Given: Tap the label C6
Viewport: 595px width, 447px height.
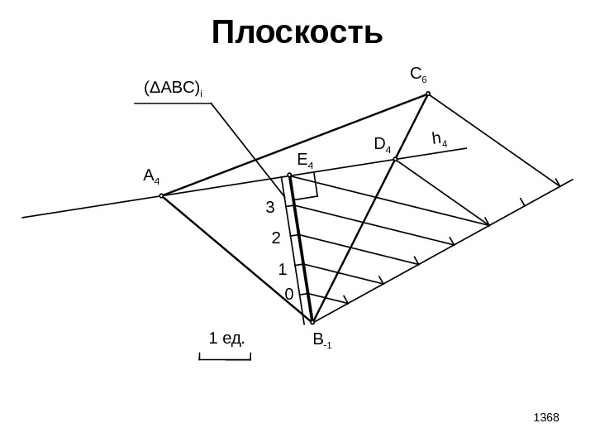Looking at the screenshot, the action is (x=419, y=76).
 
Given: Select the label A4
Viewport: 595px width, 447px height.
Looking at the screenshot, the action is (x=151, y=176).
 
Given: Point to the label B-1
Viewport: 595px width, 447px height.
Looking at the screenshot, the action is (x=322, y=339).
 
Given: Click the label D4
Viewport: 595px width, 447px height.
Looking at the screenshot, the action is (x=383, y=146).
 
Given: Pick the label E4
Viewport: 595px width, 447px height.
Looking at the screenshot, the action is (x=306, y=159).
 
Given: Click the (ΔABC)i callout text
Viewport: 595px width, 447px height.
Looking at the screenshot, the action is (x=174, y=89).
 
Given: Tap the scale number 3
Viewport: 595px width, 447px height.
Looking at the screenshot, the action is (x=269, y=208).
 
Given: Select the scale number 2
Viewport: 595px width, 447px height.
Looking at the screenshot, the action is (x=276, y=238).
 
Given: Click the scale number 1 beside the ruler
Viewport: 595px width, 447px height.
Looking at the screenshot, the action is (x=282, y=269).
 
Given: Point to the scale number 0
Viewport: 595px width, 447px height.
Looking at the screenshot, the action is (x=288, y=295).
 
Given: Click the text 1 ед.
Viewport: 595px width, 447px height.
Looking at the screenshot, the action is (x=229, y=339).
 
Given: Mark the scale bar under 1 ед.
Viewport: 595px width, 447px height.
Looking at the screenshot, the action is (x=225, y=358).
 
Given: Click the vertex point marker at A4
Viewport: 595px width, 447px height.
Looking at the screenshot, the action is (x=161, y=196).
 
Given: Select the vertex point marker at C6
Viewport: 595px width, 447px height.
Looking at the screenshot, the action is (x=428, y=94).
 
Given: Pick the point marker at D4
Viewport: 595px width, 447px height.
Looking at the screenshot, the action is (x=396, y=159).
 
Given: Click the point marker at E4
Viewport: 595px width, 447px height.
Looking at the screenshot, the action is (x=289, y=175).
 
